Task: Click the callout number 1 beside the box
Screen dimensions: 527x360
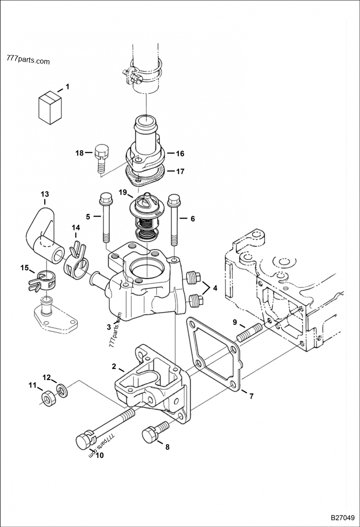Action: [67, 86]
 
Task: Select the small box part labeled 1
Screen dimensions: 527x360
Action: [50, 107]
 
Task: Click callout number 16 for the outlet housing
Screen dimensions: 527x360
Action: [180, 154]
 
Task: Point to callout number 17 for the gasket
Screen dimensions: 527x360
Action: [180, 171]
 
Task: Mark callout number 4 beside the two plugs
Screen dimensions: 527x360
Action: [215, 288]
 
